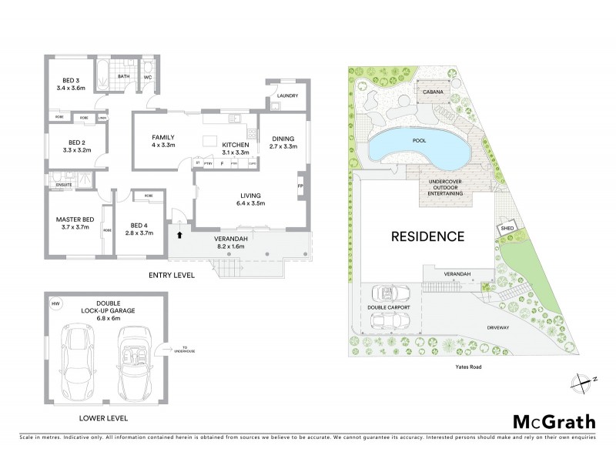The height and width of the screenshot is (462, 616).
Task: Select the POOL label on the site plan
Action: [419, 142]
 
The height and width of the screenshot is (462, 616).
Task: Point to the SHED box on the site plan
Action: [506, 228]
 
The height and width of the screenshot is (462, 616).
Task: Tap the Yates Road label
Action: [467, 367]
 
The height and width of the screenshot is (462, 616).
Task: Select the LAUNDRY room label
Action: [286, 96]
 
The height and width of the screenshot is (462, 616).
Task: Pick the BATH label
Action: [122, 76]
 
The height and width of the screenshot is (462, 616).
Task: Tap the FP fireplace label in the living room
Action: [300, 186]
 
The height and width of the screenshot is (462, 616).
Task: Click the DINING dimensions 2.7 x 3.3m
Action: [283, 146]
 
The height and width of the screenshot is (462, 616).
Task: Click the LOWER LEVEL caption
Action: [103, 418]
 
